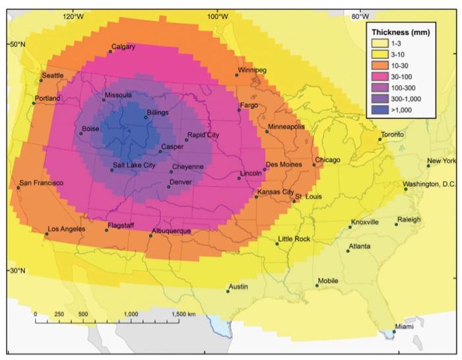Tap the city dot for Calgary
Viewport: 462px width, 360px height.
[110, 52]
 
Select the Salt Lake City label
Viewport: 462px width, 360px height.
[134, 166]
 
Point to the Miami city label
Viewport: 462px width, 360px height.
[405, 327]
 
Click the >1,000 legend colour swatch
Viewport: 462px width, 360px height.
[379, 110]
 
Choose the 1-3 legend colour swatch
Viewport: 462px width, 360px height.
[379, 43]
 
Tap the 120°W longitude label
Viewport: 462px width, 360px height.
[73, 16]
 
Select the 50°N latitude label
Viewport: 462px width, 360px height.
[16, 44]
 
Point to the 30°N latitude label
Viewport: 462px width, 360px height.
[16, 271]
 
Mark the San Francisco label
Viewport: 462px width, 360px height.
[42, 182]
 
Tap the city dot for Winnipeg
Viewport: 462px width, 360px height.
[237, 75]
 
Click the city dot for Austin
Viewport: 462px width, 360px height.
[228, 291]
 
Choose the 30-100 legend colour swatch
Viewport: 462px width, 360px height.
[379, 77]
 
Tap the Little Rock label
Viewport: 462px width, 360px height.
[294, 238]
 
